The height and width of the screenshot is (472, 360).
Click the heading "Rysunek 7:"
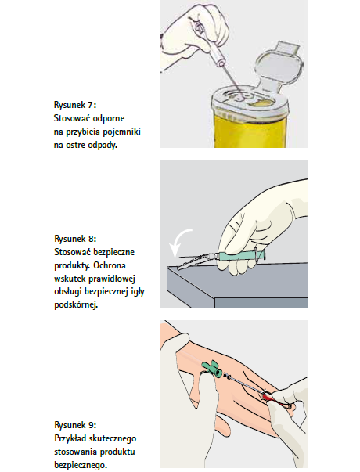point(75,105)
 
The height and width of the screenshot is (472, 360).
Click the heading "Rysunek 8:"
point(75,239)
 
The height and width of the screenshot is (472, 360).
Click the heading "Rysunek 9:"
point(75,425)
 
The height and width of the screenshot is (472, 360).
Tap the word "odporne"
point(108,118)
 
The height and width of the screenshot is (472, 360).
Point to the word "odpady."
point(103,145)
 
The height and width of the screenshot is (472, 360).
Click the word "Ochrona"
point(110,265)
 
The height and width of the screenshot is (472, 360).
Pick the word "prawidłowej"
point(112,279)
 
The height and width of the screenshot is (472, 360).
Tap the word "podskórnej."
point(76,305)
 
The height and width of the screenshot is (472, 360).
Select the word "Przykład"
point(70,438)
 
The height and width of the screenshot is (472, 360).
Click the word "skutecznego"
point(112,438)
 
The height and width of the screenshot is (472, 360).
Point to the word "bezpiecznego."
point(81,465)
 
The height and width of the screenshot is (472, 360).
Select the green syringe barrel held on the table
point(241,256)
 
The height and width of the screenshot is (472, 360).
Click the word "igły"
point(139,292)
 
